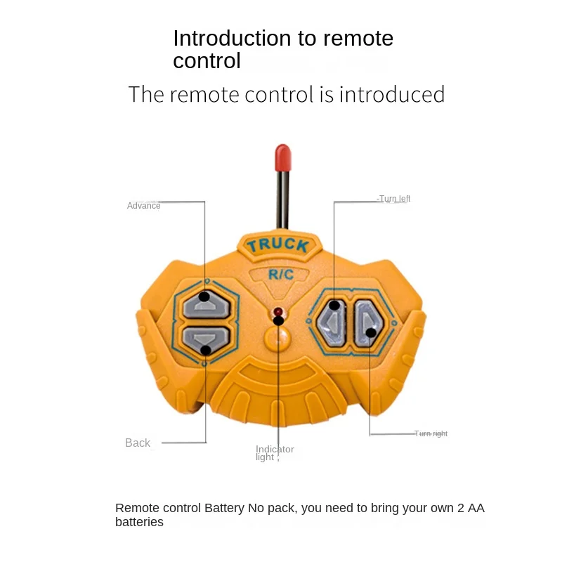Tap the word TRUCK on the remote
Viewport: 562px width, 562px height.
coord(277,245)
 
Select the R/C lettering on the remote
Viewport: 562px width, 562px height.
coord(281,274)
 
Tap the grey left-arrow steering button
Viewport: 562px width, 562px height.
coord(331,323)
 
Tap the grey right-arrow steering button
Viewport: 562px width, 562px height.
coord(366,323)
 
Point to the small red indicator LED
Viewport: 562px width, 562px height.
coord(278,311)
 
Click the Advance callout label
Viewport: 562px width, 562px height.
coord(143,206)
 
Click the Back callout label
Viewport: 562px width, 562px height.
coord(138,443)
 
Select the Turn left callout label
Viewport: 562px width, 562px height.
coord(394,199)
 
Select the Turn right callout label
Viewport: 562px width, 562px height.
coord(431,433)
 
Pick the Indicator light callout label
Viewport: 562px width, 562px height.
coord(275,453)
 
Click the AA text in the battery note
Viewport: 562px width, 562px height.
coord(476,508)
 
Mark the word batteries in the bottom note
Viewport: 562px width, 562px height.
coord(139,522)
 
